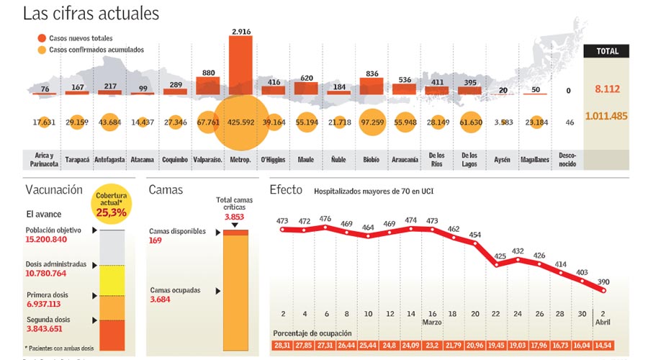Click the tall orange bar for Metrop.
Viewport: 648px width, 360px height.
[x=240, y=65]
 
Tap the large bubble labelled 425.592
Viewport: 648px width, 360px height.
[x=240, y=122]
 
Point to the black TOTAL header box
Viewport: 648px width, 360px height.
[x=606, y=51]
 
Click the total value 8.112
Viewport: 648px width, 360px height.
[x=606, y=90]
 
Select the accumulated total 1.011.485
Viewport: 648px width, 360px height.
[x=606, y=116]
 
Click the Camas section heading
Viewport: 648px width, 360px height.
[x=167, y=190]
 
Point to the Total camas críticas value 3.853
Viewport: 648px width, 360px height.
[x=235, y=217]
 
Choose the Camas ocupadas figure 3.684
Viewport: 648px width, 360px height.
[x=160, y=300]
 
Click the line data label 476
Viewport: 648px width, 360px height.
[x=325, y=219]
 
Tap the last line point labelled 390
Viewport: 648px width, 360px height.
[x=603, y=290]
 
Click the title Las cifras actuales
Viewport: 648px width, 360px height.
[x=91, y=13]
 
